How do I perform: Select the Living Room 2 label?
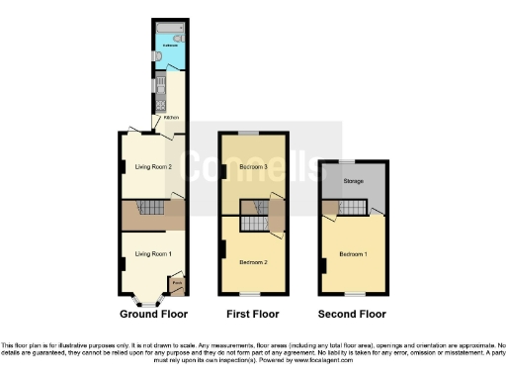click(153, 166)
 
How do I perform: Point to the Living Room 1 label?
click(153, 254)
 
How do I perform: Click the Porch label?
click(177, 284)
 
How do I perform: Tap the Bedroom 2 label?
click(254, 261)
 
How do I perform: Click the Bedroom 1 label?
click(353, 254)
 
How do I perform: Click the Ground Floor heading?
click(153, 314)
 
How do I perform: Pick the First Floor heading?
click(254, 314)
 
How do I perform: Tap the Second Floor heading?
click(352, 314)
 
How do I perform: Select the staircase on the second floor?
click(352, 207)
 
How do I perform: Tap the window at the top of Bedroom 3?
click(254, 132)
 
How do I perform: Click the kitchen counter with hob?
click(160, 89)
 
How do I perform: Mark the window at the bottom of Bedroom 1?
click(353, 294)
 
